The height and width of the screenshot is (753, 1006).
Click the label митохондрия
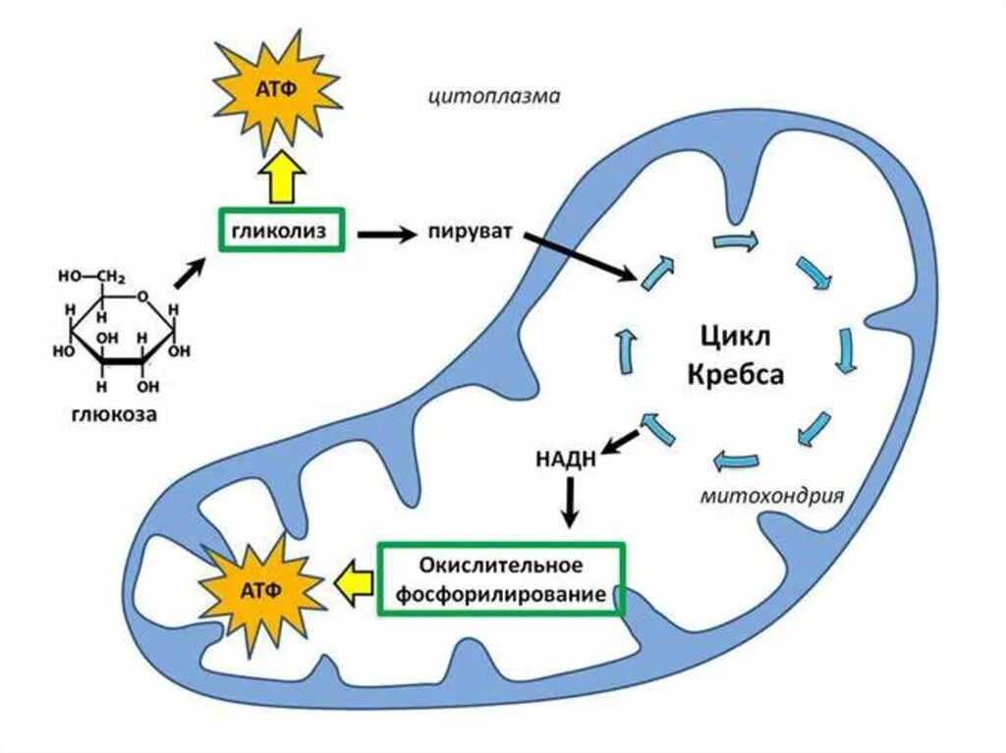point(772,495)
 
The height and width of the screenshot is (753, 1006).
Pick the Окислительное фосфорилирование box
point(501,580)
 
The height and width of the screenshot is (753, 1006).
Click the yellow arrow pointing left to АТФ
point(353,584)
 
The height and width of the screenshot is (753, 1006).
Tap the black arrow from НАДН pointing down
point(567,505)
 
